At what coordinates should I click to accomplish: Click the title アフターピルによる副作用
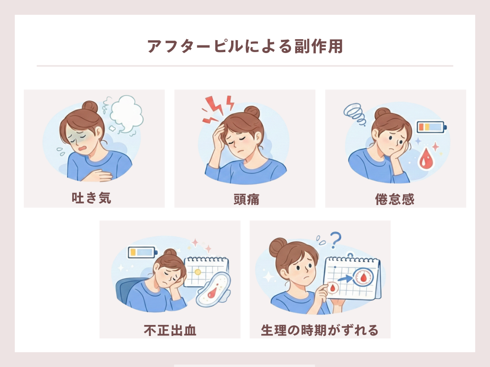[245, 46]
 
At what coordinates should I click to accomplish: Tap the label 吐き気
[91, 198]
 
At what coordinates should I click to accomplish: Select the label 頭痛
[246, 199]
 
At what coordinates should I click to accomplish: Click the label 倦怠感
[395, 199]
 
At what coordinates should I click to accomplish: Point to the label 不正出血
[170, 330]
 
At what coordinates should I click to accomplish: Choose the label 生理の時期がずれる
[320, 330]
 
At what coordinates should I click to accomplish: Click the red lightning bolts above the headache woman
[218, 108]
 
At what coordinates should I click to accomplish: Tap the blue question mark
[335, 240]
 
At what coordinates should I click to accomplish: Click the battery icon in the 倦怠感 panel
[432, 127]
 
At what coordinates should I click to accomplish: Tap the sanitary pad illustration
[213, 289]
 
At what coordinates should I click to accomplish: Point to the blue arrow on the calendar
[345, 278]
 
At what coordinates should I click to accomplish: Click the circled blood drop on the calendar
[364, 277]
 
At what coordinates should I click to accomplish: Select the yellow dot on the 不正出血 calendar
[198, 272]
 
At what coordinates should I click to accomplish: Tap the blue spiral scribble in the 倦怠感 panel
[355, 114]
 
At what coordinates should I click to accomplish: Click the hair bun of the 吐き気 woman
[90, 107]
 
